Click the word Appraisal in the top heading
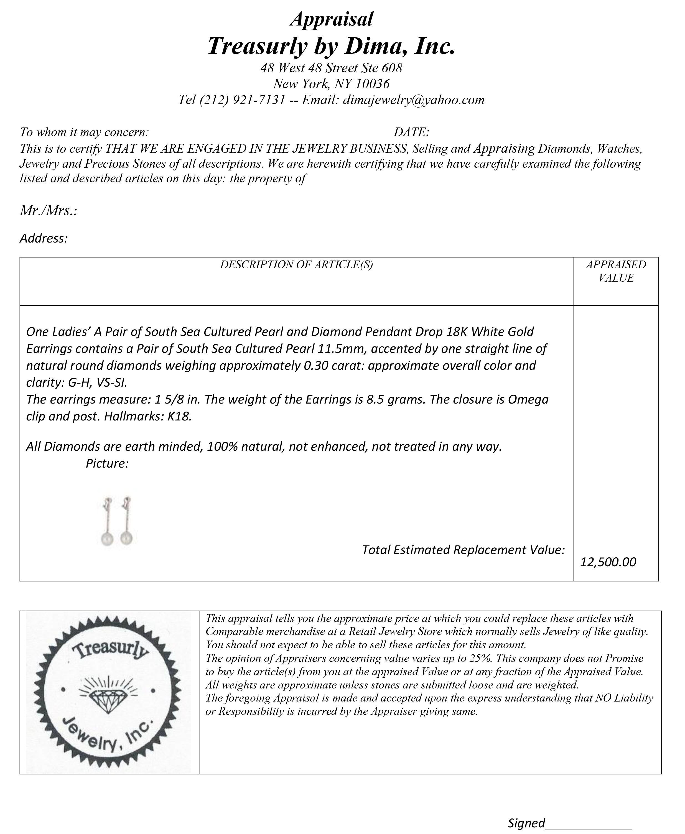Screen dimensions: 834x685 (332, 19)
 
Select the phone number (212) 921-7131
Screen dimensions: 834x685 (242, 100)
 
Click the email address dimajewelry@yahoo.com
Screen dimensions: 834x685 (414, 100)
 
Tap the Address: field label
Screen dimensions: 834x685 (44, 238)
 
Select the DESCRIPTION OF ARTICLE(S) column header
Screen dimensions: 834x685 (296, 265)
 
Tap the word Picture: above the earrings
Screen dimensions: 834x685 (107, 463)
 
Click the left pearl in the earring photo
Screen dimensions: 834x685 (107, 538)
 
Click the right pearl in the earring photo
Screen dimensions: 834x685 (126, 537)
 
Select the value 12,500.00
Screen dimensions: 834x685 (608, 562)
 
